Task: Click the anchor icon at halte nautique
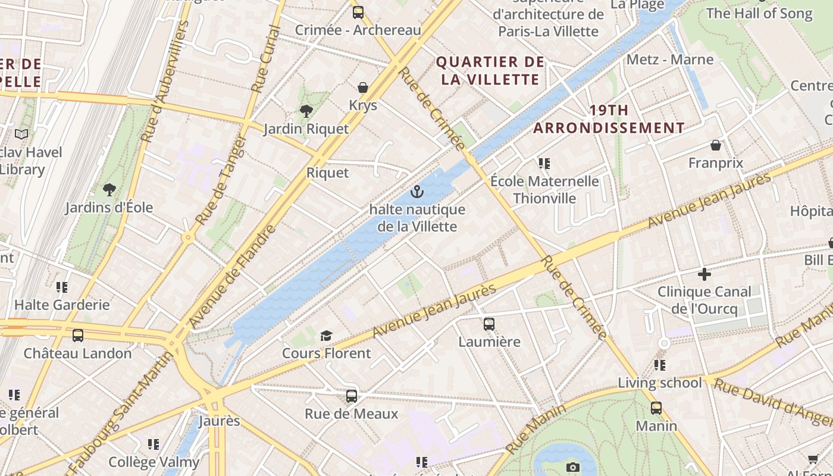pos(417,192)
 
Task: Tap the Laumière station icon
pos(488,324)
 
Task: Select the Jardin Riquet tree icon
pos(306,111)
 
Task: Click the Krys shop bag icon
pos(362,88)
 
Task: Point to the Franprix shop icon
pos(716,145)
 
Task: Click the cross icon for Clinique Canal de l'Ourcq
pos(704,274)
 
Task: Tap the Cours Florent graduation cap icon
pos(325,336)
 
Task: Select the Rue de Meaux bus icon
pos(351,396)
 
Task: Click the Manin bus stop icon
pos(656,408)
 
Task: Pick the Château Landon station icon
pos(77,336)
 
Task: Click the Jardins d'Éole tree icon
pos(109,190)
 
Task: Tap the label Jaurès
pos(218,421)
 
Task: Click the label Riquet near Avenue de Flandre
pos(327,173)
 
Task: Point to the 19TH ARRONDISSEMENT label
pos(609,119)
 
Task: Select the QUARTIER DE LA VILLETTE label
pos(490,71)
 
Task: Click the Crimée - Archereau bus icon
pos(358,12)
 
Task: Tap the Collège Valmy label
pos(154,462)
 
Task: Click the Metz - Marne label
pos(669,59)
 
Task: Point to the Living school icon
pos(659,365)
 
